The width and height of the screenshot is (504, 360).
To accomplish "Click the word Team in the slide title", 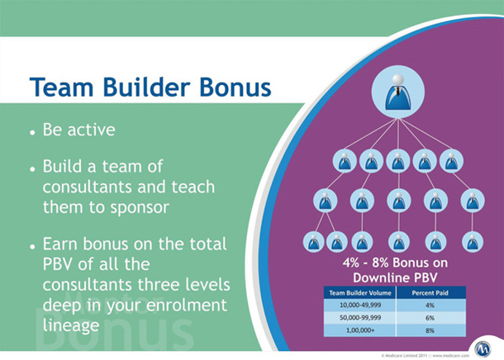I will pos(63,86).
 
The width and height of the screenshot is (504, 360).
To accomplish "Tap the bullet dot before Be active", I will pos(31,132).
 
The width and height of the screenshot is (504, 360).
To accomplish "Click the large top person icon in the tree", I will pos(397,90).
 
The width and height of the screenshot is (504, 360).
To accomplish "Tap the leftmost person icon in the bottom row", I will pos(313,241).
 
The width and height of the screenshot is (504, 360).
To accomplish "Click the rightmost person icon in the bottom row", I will pos(471,241).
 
